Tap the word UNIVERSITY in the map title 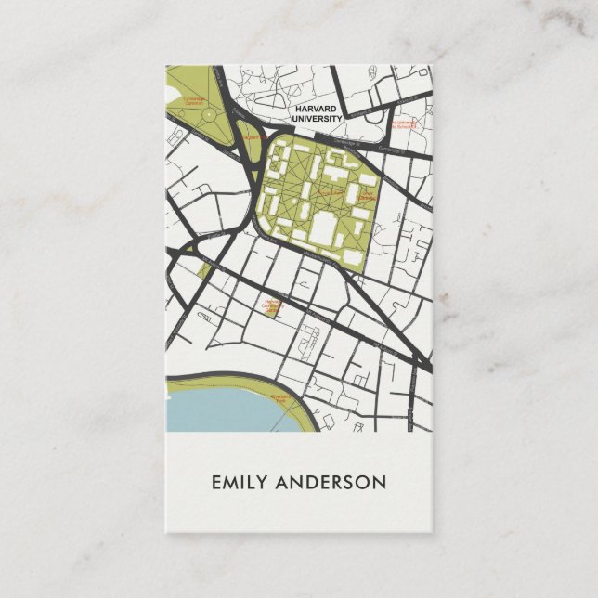(x=317, y=119)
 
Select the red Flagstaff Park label (x=253, y=138)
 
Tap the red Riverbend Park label (x=282, y=398)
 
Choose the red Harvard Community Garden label (x=273, y=301)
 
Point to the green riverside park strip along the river (x=232, y=382)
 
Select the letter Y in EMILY (x=263, y=483)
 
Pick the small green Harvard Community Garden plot (x=273, y=310)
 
